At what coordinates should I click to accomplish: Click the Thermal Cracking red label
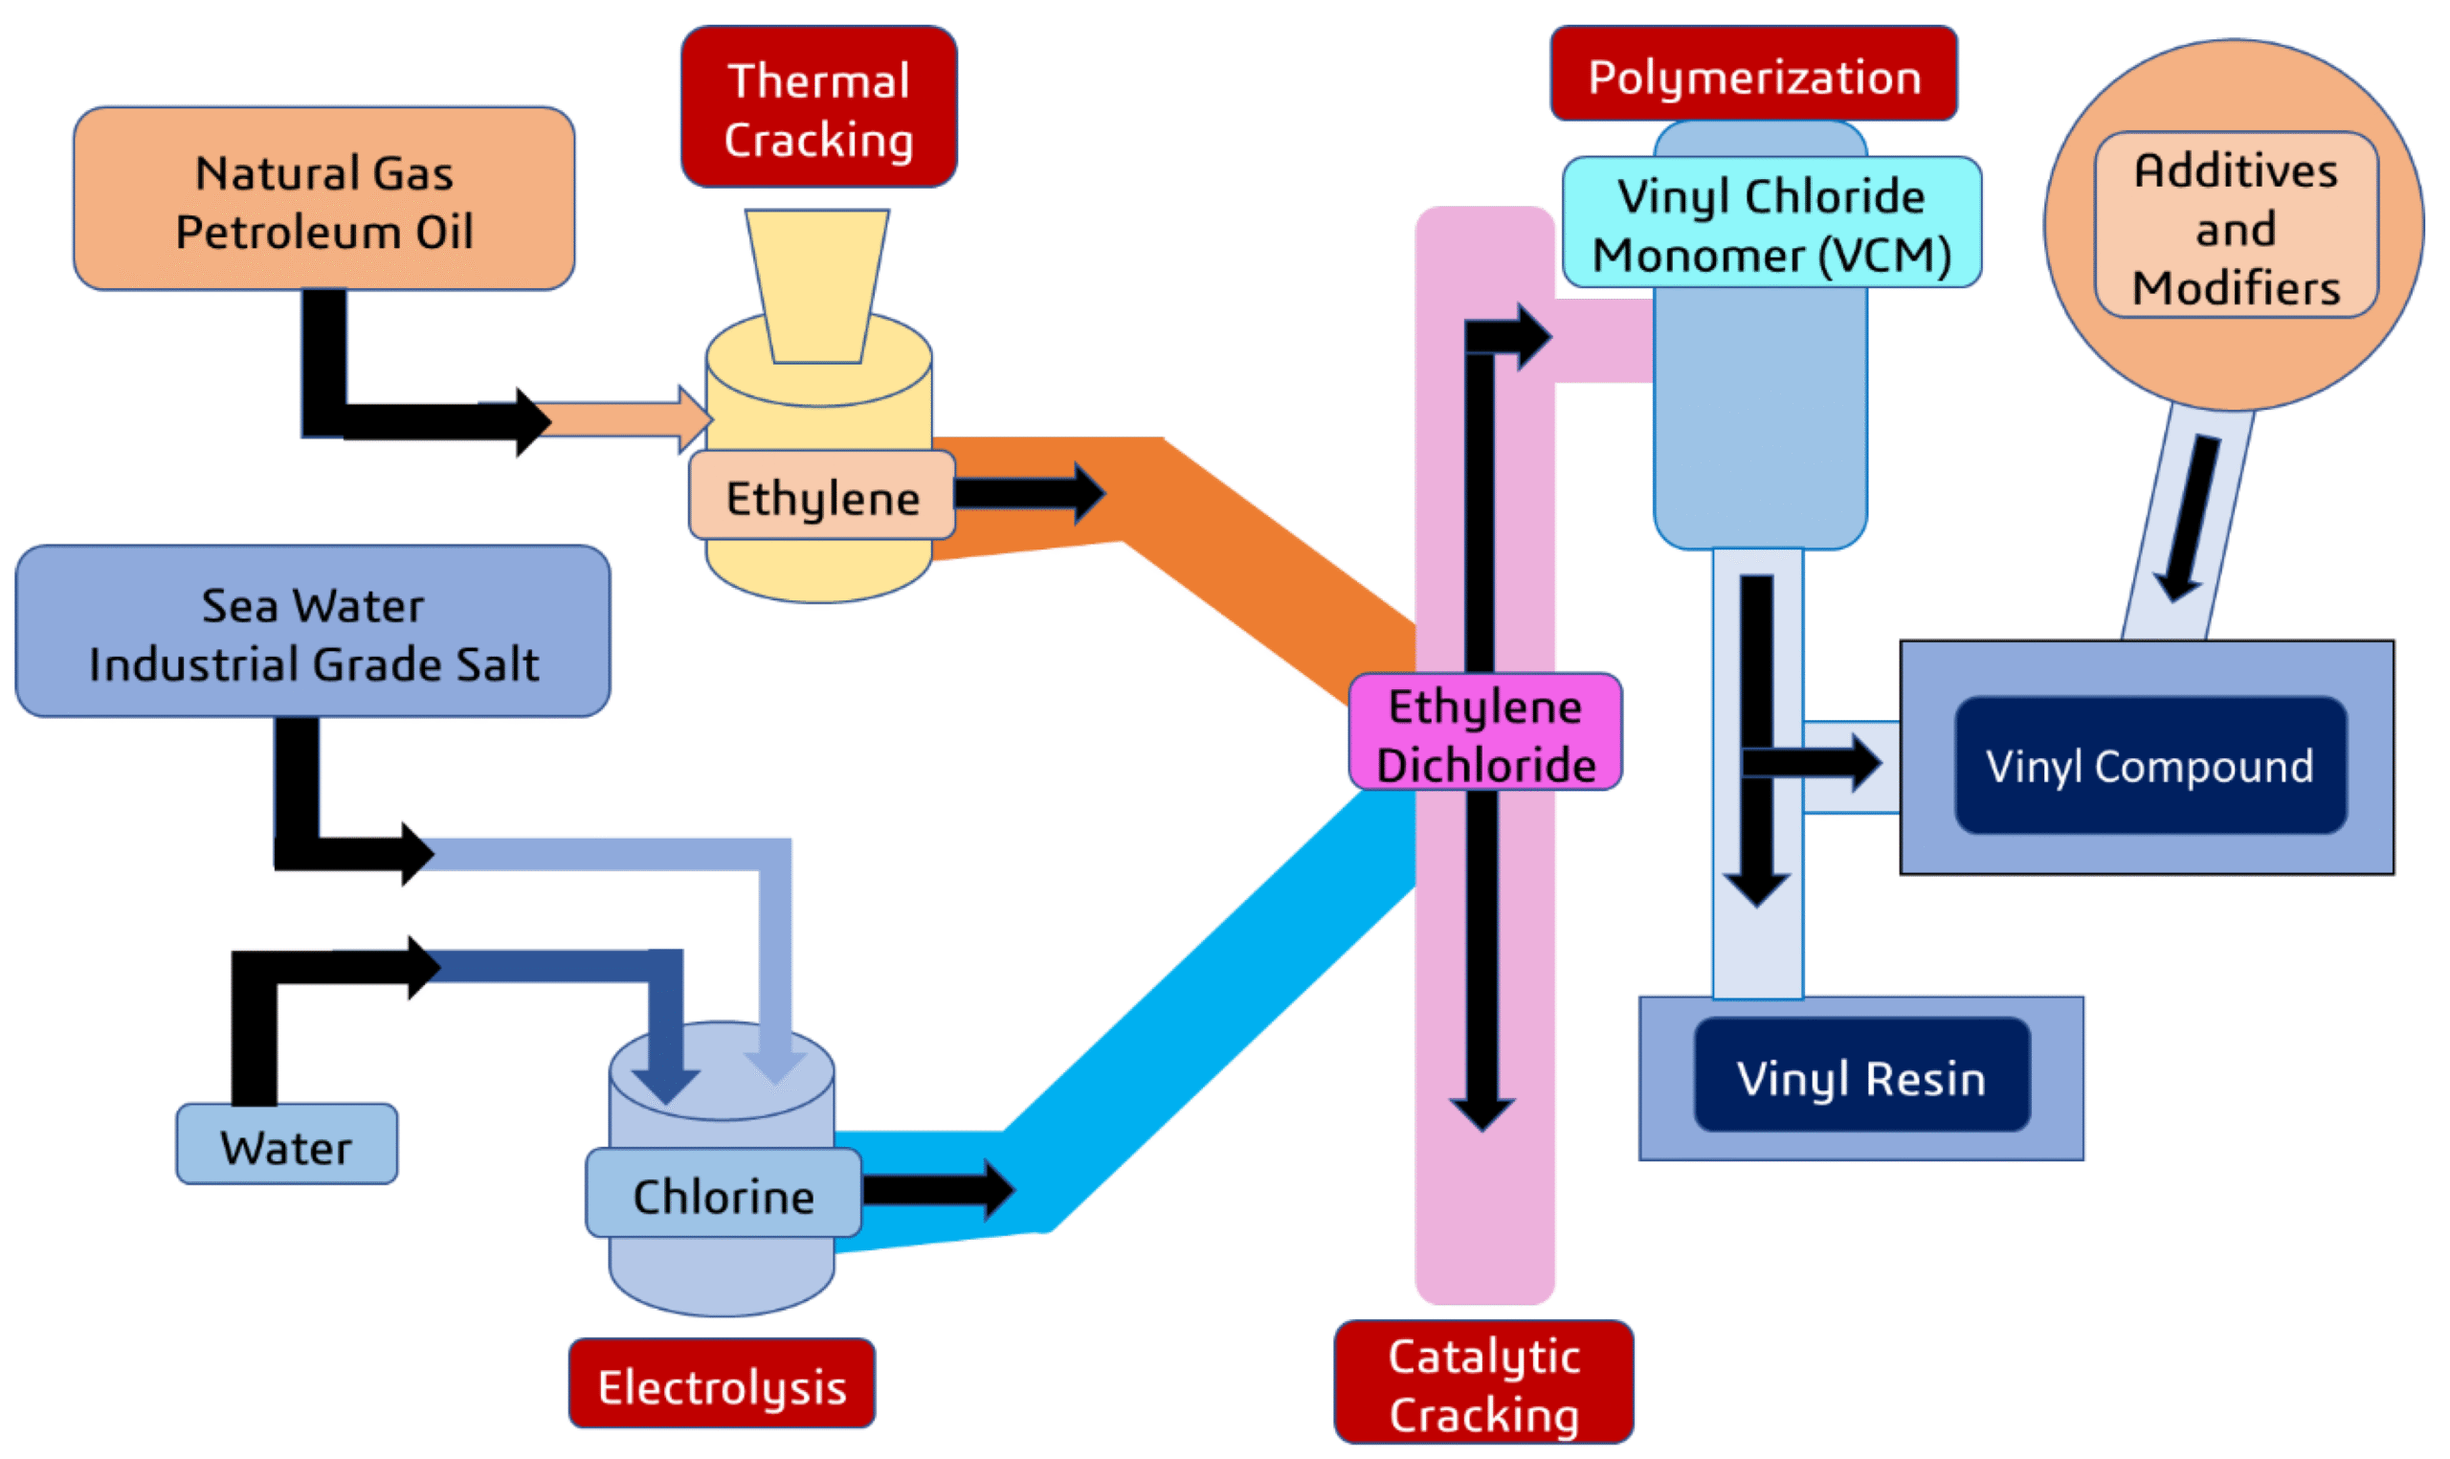pos(817,107)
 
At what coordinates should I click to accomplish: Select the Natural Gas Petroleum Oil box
pos(323,199)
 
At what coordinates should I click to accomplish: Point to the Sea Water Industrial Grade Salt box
pos(313,632)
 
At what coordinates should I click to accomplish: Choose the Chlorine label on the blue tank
pos(723,1195)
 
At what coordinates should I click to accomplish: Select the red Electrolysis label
pos(721,1385)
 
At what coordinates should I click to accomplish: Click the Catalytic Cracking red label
pos(1482,1384)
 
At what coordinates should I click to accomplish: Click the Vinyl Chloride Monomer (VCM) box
pos(1770,224)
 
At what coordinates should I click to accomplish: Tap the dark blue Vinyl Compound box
pos(2149,766)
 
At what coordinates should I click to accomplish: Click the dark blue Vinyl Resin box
pos(1860,1078)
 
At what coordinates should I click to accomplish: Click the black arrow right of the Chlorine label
pos(939,1190)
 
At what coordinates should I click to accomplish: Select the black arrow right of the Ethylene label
pos(1030,494)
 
